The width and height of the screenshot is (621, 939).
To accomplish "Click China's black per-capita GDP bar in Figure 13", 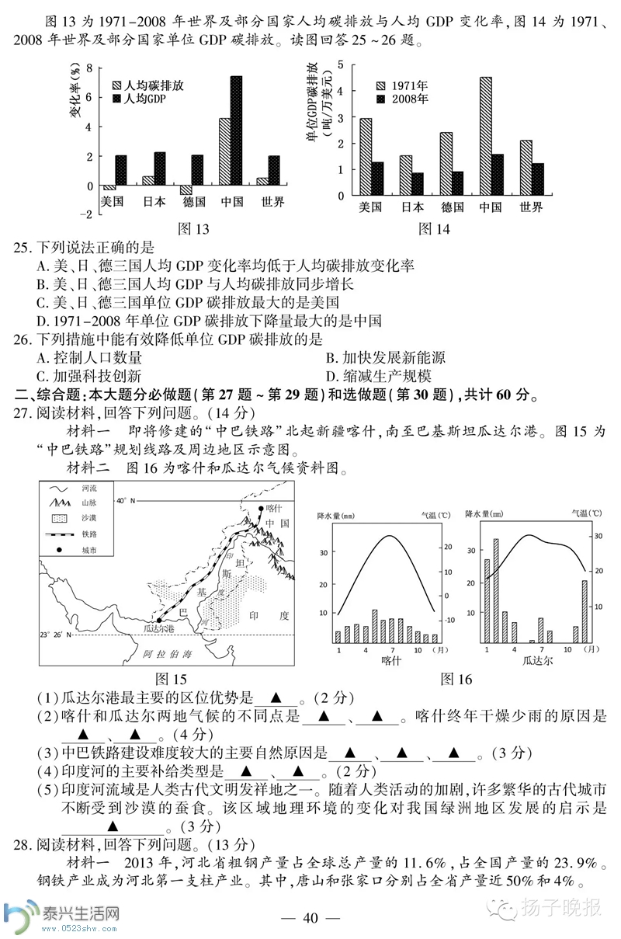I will point(236,130).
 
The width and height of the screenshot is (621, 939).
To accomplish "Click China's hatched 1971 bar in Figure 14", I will point(485,136).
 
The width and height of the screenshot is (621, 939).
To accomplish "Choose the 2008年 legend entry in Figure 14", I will point(409,99).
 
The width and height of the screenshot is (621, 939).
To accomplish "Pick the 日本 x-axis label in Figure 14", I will point(412,207).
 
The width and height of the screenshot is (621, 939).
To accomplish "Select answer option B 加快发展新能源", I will point(385,358).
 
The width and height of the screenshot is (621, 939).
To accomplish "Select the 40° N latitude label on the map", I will point(127,499).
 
